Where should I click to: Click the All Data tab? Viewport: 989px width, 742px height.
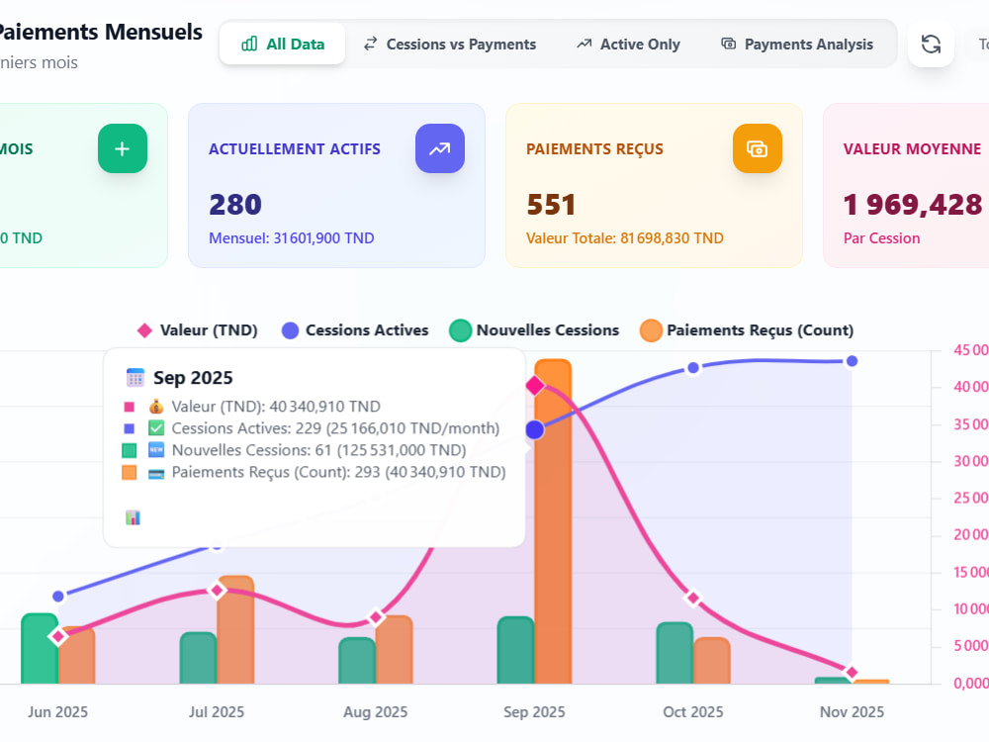point(283,44)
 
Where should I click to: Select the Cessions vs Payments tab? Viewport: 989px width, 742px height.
point(450,45)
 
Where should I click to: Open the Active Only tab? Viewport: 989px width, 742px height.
point(628,45)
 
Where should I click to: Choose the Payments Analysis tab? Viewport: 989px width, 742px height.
point(797,45)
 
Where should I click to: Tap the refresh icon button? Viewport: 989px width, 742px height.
point(931,45)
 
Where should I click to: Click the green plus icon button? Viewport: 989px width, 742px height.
point(123,149)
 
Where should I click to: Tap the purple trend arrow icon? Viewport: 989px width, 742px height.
point(440,149)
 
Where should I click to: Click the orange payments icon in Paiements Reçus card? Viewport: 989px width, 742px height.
point(757,149)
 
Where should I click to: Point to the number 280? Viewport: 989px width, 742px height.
point(235,205)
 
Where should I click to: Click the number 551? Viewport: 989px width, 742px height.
point(551,205)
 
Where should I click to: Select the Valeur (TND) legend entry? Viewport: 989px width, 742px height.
point(198,330)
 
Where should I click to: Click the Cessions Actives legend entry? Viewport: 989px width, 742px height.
point(355,330)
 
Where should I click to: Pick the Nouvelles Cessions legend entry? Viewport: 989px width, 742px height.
point(534,330)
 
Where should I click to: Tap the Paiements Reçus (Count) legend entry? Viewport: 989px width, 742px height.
point(747,330)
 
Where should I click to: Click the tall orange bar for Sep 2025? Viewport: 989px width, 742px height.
point(553,521)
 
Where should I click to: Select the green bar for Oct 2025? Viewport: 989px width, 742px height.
point(674,653)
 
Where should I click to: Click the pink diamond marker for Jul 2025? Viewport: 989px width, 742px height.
point(217,591)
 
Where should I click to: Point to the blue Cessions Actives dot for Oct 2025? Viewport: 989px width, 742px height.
point(693,368)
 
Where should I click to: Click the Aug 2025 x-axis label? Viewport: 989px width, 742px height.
point(375,711)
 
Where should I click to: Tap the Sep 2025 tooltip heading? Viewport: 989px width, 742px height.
point(193,377)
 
